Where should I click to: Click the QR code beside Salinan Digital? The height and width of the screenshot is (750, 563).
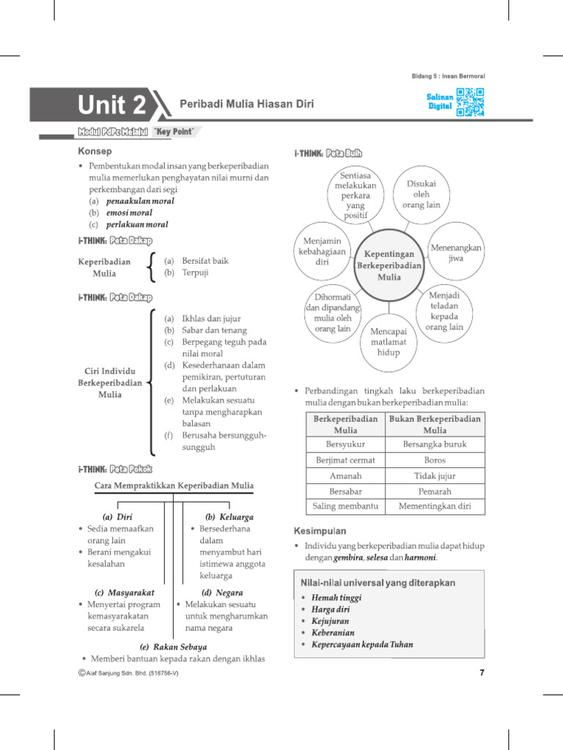470,103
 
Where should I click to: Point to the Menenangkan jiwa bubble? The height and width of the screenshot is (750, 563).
455,253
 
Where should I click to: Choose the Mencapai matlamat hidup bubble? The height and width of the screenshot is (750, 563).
389,341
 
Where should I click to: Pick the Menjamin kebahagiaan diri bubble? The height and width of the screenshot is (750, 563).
322,252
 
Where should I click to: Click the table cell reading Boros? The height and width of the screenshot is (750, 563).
435,460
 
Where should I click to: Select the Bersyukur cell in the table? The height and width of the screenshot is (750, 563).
345,444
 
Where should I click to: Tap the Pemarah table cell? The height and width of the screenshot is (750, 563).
435,491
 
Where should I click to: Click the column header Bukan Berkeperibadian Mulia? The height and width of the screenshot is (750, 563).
435,424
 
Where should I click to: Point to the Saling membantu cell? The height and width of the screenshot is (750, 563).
345,506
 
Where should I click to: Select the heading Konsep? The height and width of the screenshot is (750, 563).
95,151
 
